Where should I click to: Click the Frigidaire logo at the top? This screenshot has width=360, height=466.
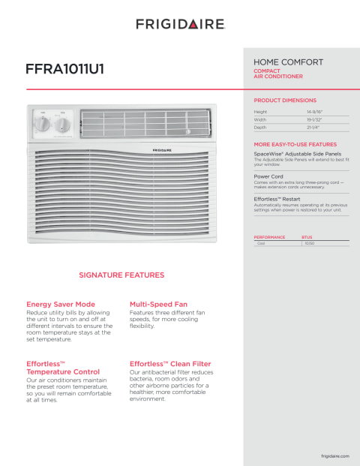pos(180,24)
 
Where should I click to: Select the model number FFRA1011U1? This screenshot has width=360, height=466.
pos(65,68)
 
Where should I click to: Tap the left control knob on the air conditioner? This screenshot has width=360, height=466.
pos(43,125)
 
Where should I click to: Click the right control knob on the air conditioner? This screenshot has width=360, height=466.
pos(64,125)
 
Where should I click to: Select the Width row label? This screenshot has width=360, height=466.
pos(260,119)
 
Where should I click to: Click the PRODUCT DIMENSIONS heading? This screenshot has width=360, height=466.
pos(285,100)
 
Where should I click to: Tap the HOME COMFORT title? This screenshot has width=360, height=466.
pos(289,62)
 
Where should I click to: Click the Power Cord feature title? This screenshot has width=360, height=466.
pos(268,176)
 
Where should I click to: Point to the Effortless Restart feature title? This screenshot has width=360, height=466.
pos(277,199)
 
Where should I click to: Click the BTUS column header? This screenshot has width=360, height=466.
pos(306,237)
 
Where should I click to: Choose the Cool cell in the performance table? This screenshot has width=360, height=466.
pos(262,244)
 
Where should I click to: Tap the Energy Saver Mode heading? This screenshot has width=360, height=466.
pos(61,304)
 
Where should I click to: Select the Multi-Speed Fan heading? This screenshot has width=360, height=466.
pos(158,304)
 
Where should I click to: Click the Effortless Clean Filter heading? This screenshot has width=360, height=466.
pos(170,363)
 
